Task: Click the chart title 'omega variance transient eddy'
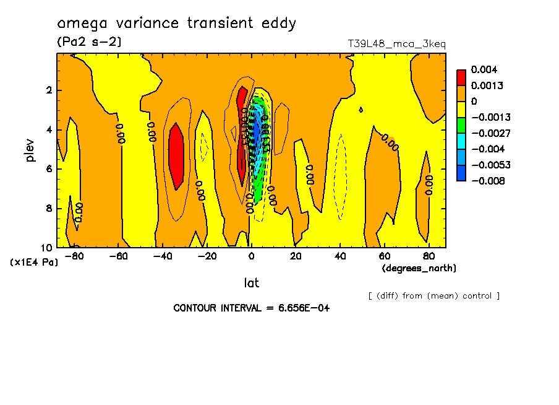click(176, 24)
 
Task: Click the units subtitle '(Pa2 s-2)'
click(88, 42)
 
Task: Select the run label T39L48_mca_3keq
click(397, 44)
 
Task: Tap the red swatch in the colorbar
click(461, 77)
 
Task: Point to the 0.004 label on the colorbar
click(484, 69)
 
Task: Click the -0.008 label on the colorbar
click(488, 181)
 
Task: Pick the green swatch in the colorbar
click(461, 125)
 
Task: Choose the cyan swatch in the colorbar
click(461, 141)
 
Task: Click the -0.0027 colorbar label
click(488, 133)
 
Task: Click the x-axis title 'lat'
click(251, 283)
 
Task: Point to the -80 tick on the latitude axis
click(74, 256)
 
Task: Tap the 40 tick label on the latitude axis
click(340, 256)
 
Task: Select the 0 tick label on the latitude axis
click(251, 256)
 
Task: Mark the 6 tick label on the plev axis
click(49, 169)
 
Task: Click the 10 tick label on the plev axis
click(46, 247)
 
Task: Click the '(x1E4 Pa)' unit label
click(35, 263)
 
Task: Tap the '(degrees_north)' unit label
click(419, 268)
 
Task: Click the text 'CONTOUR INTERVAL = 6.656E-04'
click(251, 308)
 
